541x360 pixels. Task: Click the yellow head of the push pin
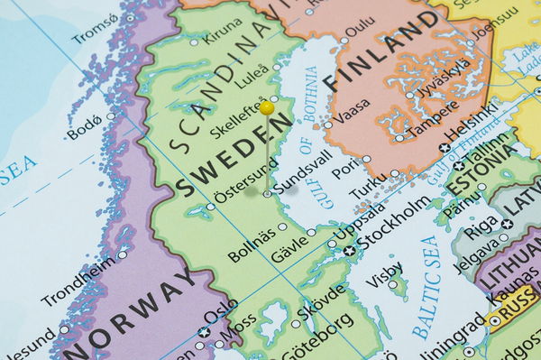coord(267,108)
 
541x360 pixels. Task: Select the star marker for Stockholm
coord(350,250)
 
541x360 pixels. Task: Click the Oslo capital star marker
coord(204,332)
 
